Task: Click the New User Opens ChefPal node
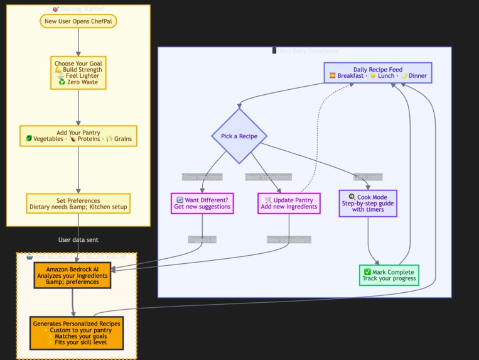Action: coord(78,21)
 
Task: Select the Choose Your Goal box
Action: coord(78,73)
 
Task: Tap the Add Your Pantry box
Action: coord(78,136)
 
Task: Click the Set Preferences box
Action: coord(78,204)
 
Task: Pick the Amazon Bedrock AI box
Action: coord(73,275)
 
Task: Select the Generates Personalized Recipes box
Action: coord(77,333)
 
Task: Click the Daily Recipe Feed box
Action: coord(377,73)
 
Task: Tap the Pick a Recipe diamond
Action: coord(239,136)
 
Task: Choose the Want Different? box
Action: coord(202,203)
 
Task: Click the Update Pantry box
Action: coord(289,203)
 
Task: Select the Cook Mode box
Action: coord(368,203)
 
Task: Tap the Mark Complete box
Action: coord(388,275)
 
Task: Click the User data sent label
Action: coord(78,239)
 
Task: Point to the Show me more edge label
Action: coord(202,177)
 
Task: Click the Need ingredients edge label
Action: coord(268,177)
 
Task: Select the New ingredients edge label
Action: coord(289,239)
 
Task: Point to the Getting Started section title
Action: coord(78,9)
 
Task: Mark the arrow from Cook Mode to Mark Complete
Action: coord(369,242)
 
